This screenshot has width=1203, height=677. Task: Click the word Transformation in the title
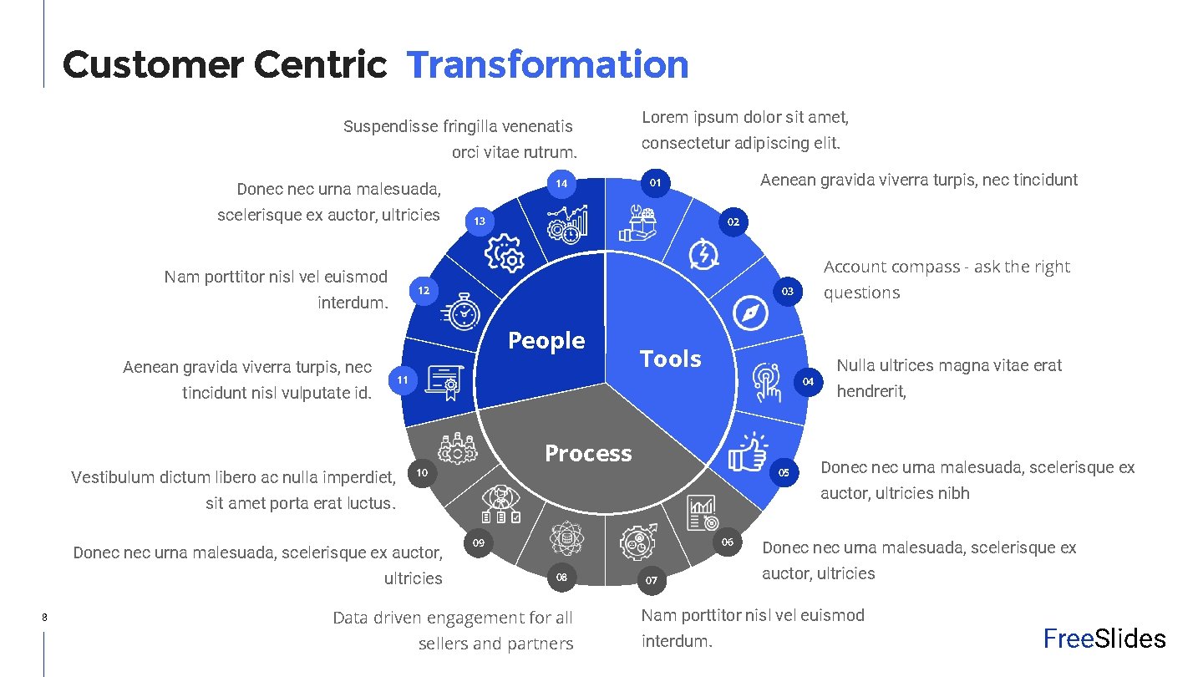[x=548, y=64]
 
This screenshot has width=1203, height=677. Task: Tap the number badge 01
[x=656, y=183]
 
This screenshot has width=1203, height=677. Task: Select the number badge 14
[x=561, y=183]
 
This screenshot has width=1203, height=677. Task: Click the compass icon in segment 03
[x=749, y=313]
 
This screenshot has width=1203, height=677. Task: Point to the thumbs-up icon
[x=747, y=452]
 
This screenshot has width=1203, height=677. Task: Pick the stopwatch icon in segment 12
[x=464, y=312]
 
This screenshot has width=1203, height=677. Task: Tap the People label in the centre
[x=546, y=340]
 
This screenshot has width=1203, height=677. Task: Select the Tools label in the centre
[x=670, y=359]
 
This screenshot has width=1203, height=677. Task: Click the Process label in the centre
[x=588, y=453]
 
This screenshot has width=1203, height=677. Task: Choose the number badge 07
[x=652, y=580]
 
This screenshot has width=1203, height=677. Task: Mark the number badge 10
[x=422, y=473]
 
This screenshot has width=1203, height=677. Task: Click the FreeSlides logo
[x=1104, y=639]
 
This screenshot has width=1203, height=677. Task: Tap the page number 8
[x=43, y=618]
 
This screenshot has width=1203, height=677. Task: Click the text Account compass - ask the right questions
[x=947, y=279]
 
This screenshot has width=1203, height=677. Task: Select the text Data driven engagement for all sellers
[x=453, y=630]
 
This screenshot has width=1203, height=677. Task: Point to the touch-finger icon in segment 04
[x=765, y=382]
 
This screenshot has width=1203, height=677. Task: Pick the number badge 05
[x=784, y=473]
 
